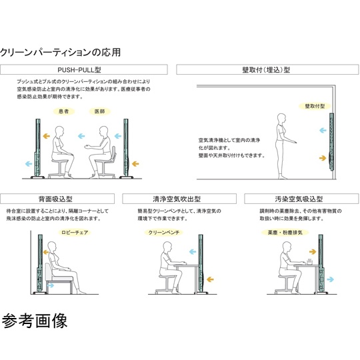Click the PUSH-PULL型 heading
pos(88,69)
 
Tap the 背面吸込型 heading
pos(60,198)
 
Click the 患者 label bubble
pos(64,111)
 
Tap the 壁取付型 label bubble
pos(314,105)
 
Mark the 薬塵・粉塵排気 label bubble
pos(285,233)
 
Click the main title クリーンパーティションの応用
pos(60,52)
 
